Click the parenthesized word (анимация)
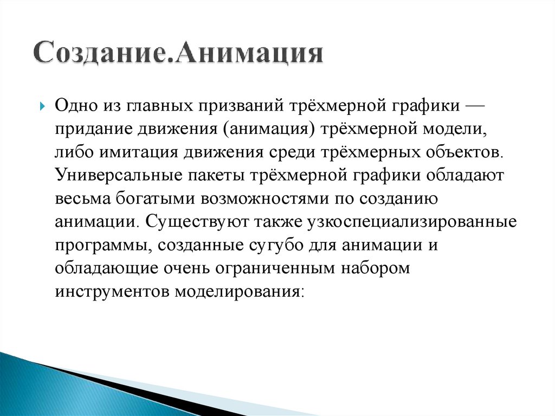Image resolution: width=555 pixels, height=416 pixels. pyautogui.click(x=262, y=129)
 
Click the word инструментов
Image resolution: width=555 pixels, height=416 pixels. pyautogui.click(x=111, y=292)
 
